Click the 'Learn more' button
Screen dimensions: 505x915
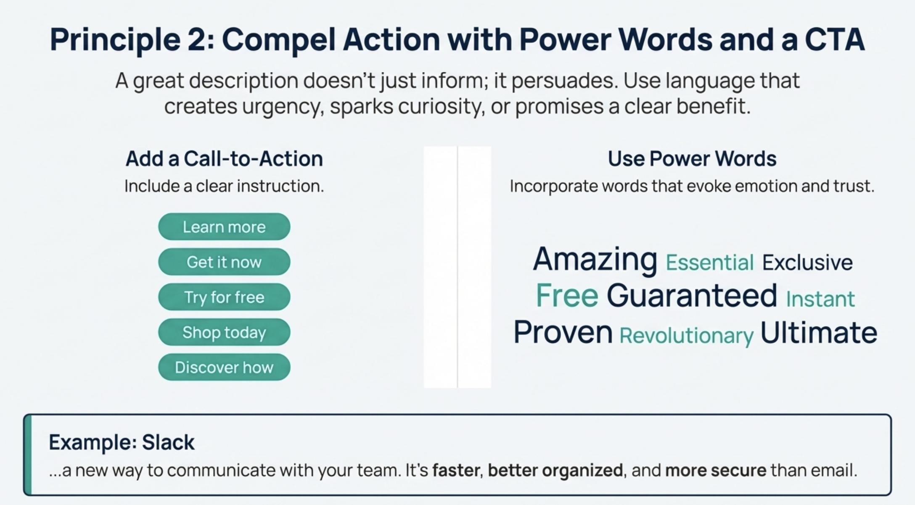click(x=224, y=227)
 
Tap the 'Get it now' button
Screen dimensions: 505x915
click(x=224, y=262)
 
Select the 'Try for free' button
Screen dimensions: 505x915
click(x=224, y=297)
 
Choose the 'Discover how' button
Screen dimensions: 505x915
click(x=224, y=367)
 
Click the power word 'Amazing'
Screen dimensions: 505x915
click(x=595, y=259)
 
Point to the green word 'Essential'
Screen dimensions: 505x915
click(x=709, y=263)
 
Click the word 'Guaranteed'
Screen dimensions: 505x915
click(x=692, y=295)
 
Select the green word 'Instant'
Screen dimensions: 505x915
click(x=820, y=299)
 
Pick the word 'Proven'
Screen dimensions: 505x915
click(x=563, y=332)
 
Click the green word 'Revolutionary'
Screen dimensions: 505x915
click(x=686, y=336)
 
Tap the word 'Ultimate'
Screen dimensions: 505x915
click(x=819, y=332)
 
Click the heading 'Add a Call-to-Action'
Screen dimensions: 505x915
click(x=224, y=159)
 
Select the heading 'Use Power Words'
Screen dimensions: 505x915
click(x=692, y=159)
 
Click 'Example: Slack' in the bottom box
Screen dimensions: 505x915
click(x=122, y=442)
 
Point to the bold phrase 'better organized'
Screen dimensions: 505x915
click(x=555, y=470)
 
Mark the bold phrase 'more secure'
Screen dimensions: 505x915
click(x=716, y=470)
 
